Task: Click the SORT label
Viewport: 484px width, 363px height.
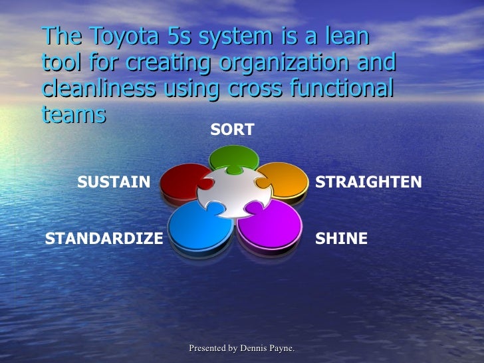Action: [x=232, y=130]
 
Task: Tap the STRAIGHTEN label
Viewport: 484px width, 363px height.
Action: [x=368, y=182]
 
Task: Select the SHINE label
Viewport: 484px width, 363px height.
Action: [x=341, y=239]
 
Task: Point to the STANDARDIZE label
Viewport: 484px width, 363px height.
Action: [x=104, y=239]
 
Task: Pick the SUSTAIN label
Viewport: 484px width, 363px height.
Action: [x=114, y=182]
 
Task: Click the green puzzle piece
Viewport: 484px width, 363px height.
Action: [x=233, y=157]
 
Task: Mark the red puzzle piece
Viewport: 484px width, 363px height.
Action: [x=180, y=180]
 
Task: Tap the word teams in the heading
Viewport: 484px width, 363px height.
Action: [x=73, y=114]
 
